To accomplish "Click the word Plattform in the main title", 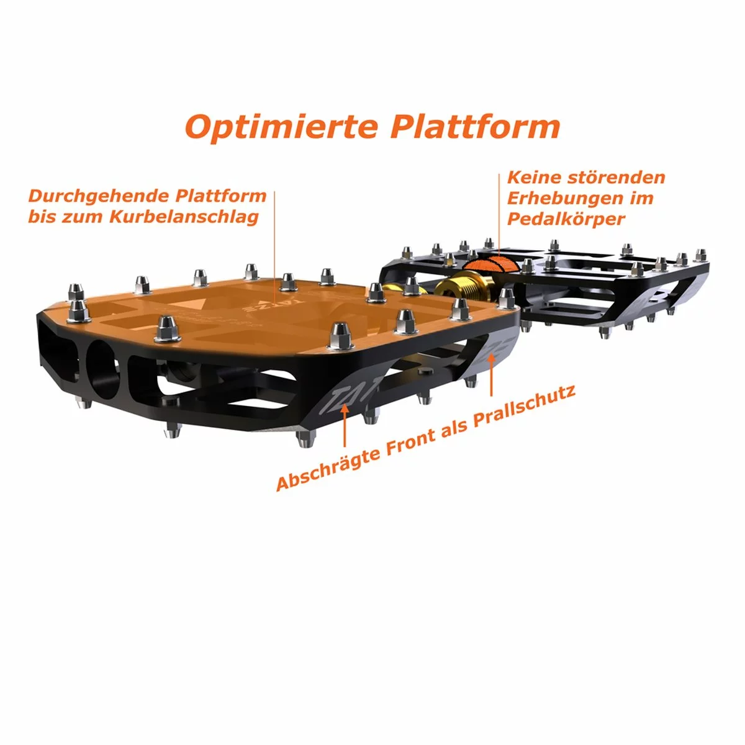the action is pyautogui.click(x=475, y=127).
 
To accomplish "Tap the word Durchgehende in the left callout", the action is pyautogui.click(x=99, y=197).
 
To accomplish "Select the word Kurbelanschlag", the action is pyautogui.click(x=184, y=217).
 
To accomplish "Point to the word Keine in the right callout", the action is pyautogui.click(x=535, y=178).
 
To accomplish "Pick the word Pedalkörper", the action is pyautogui.click(x=566, y=219).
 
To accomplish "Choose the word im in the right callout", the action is pyautogui.click(x=642, y=198).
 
